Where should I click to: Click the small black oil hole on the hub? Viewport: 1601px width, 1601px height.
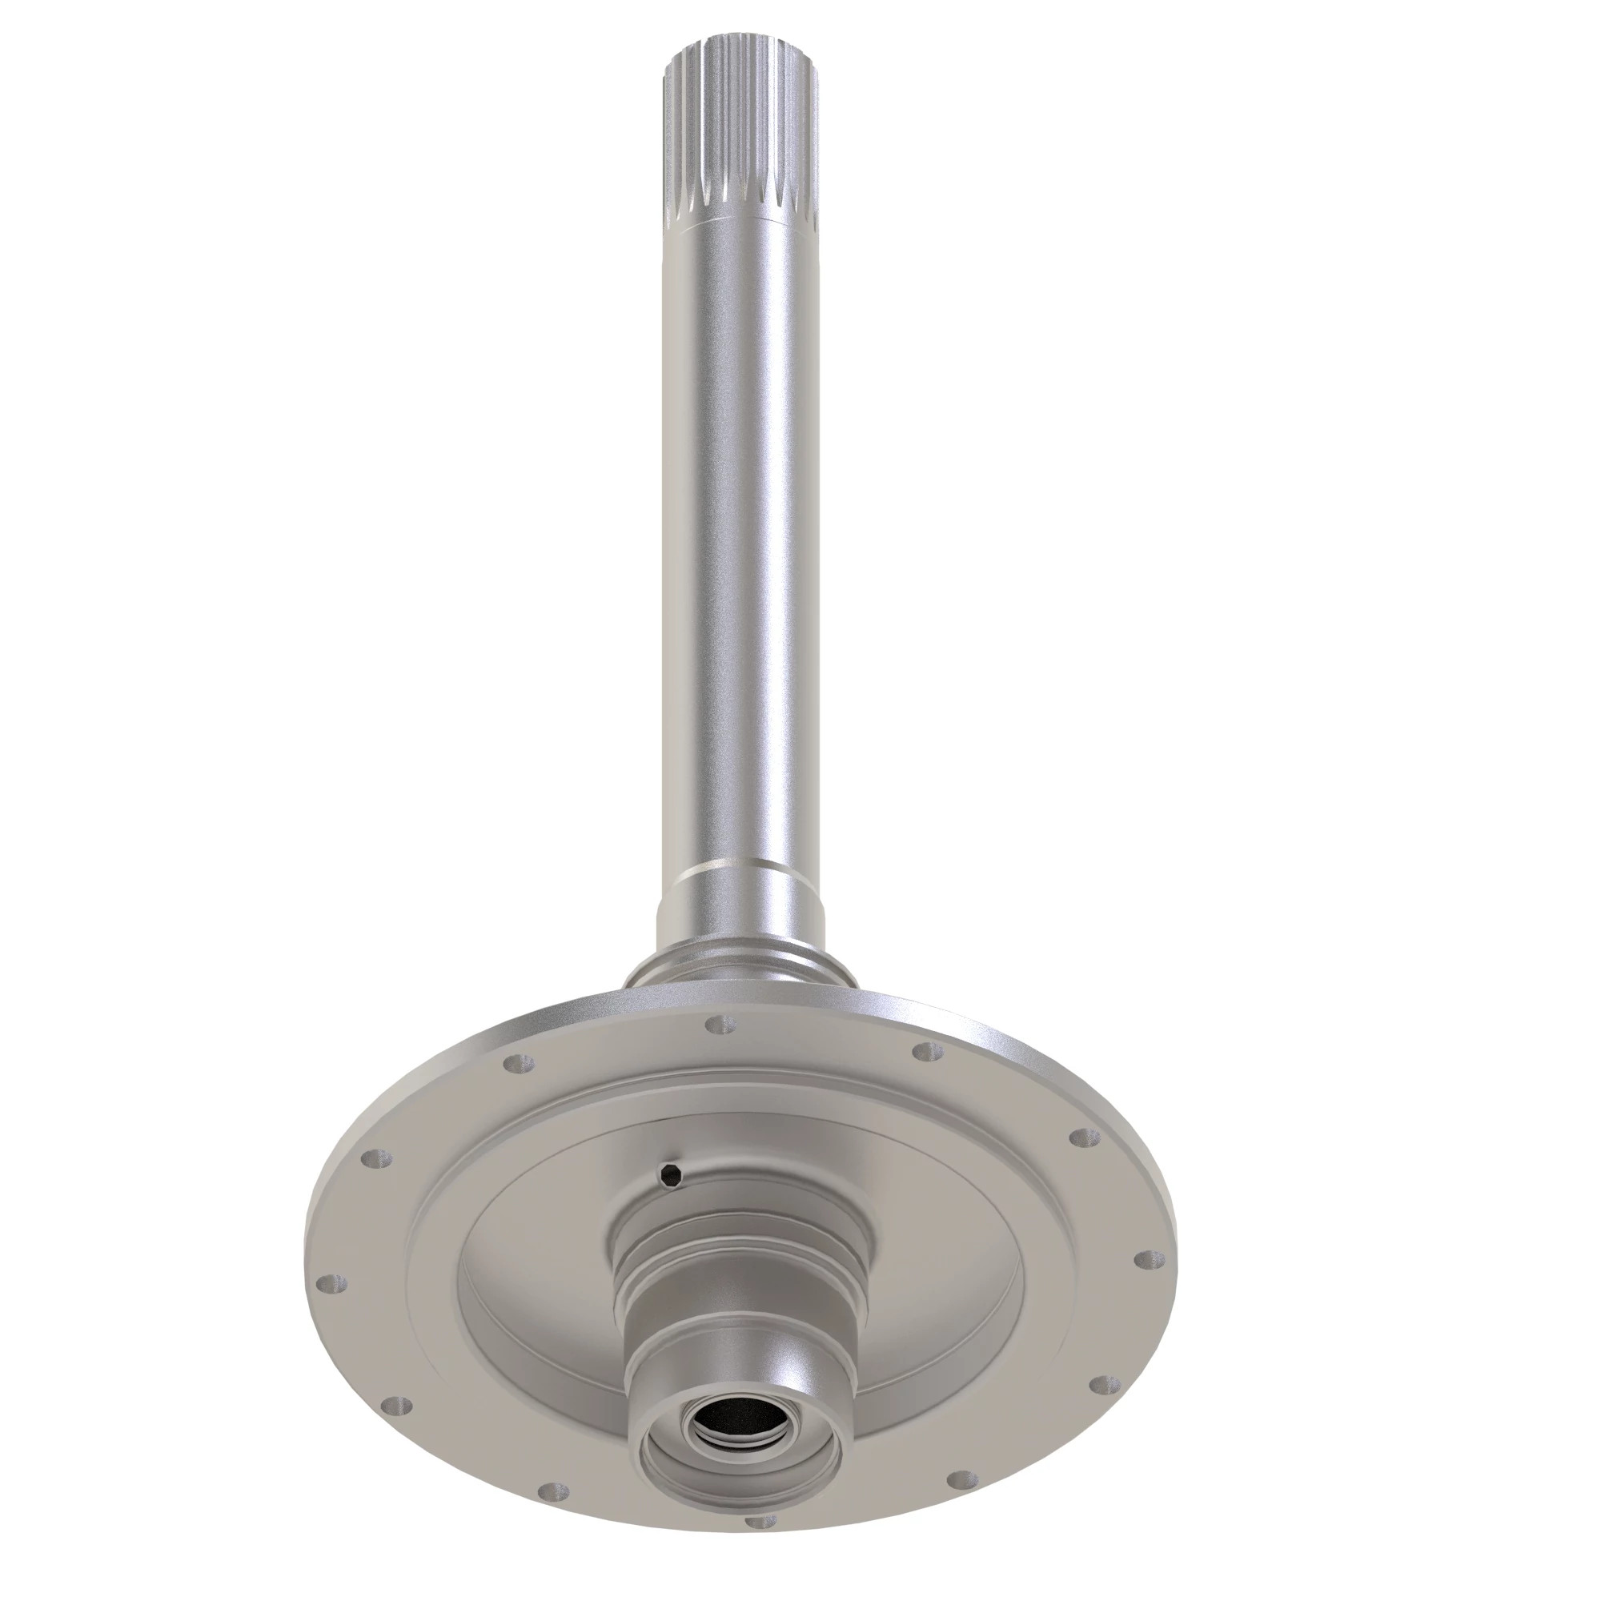668,1172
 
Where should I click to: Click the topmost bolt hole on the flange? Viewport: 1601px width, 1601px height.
721,1027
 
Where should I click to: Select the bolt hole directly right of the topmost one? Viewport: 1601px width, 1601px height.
926,1053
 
